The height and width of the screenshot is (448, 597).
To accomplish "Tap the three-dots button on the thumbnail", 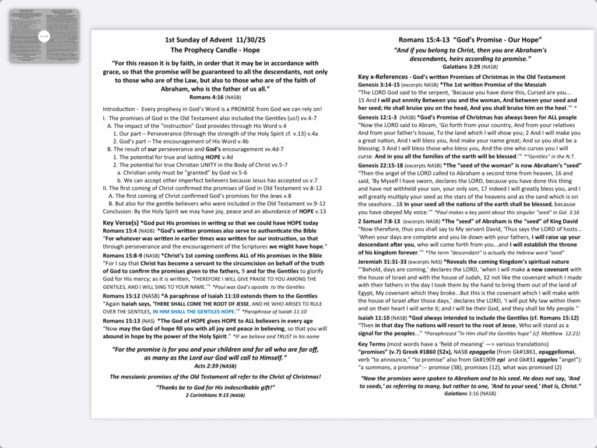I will click(44, 36).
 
